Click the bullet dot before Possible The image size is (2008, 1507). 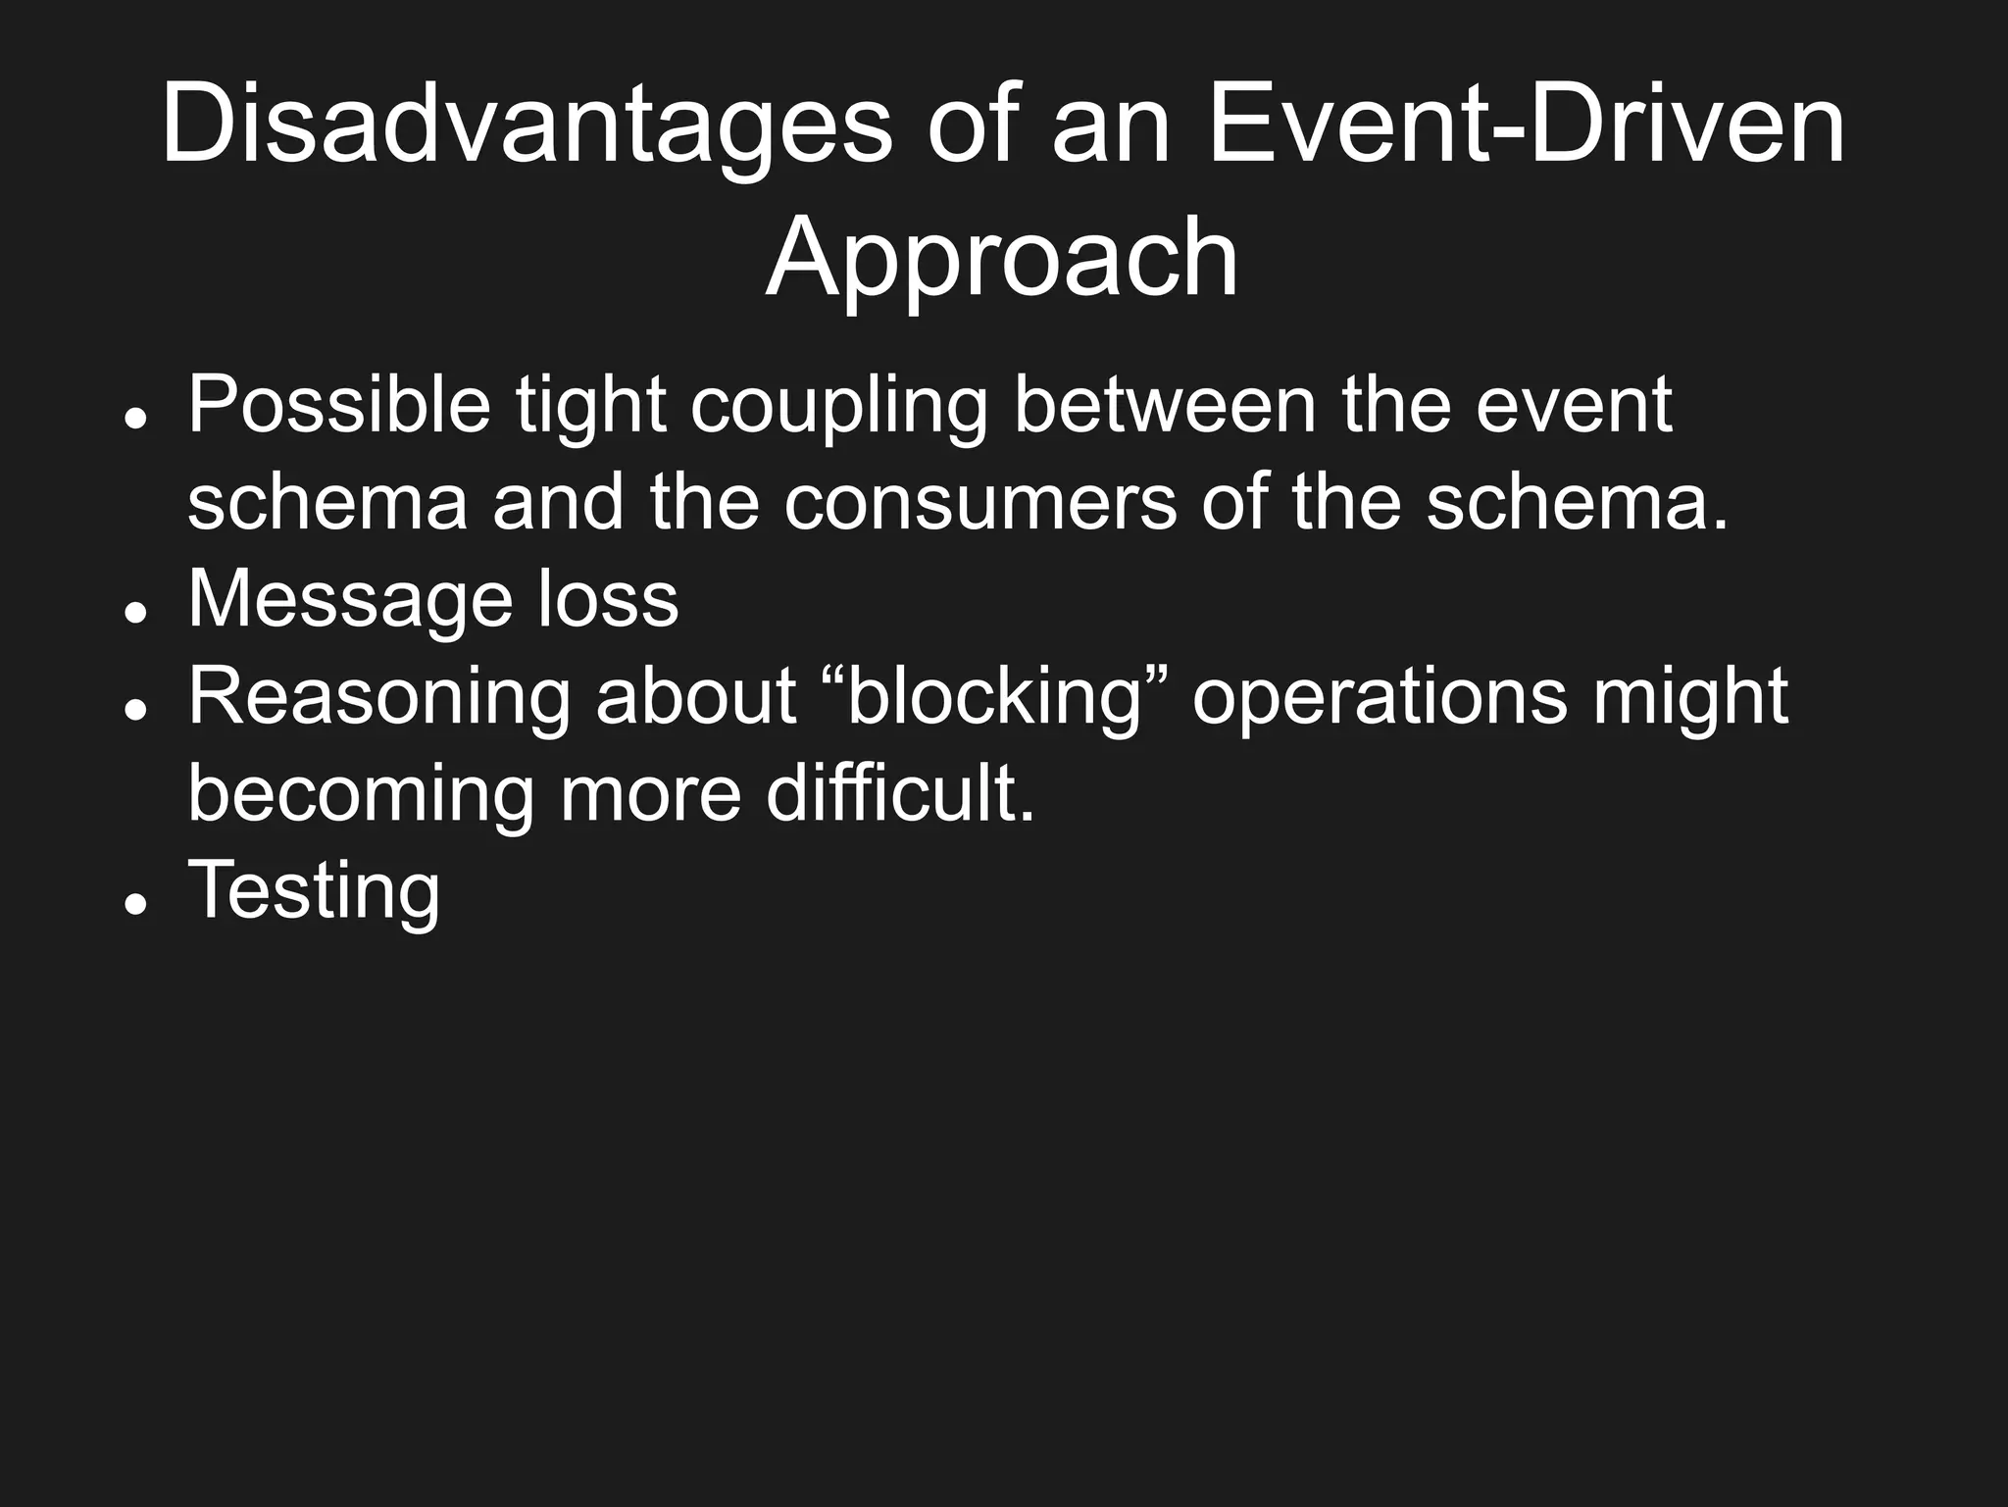(x=136, y=417)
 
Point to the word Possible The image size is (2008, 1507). (x=338, y=405)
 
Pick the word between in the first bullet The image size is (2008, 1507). (x=1164, y=405)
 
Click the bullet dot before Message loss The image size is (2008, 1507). (x=136, y=611)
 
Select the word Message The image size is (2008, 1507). (x=350, y=601)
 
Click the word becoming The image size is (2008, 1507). (x=360, y=795)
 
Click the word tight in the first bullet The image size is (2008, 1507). (x=591, y=407)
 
